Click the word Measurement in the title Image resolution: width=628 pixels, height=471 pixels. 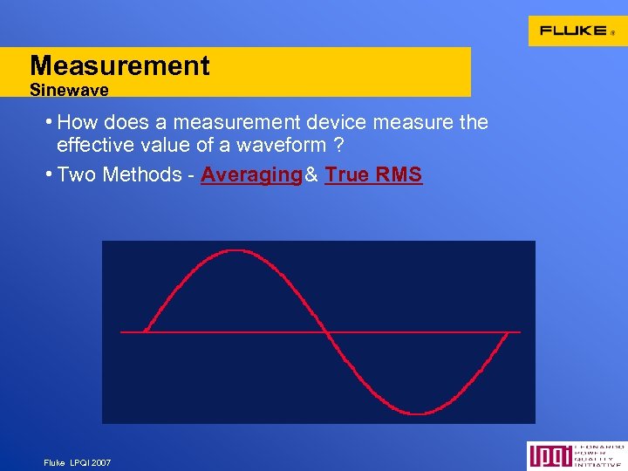coord(119,65)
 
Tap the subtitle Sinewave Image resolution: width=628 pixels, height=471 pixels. coord(69,90)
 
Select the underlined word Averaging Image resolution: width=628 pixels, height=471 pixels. coord(250,174)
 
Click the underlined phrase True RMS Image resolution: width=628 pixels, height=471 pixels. coord(373,174)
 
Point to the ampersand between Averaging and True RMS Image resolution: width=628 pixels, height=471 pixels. coord(311,174)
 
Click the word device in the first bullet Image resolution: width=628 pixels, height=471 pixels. coord(337,122)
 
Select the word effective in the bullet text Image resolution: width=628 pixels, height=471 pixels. coord(92,145)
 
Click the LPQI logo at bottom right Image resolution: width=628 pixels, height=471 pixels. coord(575,455)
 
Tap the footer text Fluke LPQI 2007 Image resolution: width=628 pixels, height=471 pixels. coord(77,462)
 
